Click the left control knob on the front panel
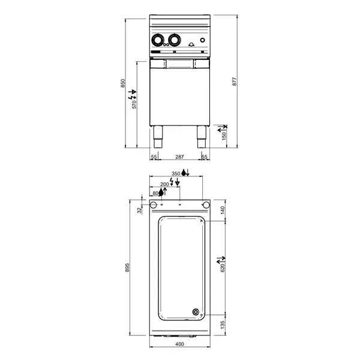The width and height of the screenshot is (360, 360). tap(158, 40)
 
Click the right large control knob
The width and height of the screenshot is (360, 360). tap(174, 40)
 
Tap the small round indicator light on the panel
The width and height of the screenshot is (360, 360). tap(202, 40)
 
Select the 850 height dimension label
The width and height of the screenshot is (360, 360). tap(123, 83)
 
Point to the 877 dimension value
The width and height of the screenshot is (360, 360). tap(235, 83)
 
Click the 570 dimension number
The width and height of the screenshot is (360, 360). tap(135, 104)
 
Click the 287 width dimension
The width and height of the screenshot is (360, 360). tap(179, 157)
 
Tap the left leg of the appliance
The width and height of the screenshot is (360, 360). tap(158, 137)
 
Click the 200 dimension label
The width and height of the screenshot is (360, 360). tap(164, 184)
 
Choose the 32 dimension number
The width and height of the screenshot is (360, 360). tap(139, 210)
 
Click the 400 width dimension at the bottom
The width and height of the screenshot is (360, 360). tap(179, 344)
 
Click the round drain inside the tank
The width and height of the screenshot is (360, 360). tap(196, 311)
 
